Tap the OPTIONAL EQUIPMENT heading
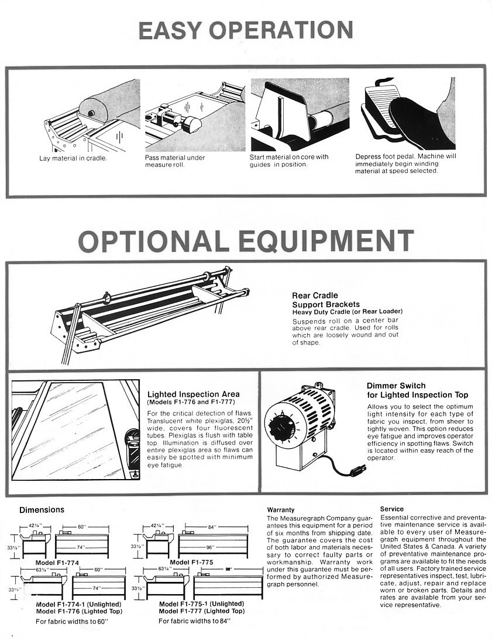pyautogui.click(x=246, y=241)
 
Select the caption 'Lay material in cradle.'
pyautogui.click(x=73, y=158)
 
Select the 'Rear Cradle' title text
pyautogui.click(x=315, y=296)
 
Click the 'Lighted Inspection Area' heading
pyautogui.click(x=193, y=394)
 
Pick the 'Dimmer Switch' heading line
pyautogui.click(x=396, y=386)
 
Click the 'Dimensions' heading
pyautogui.click(x=42, y=510)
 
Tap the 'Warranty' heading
pyautogui.click(x=280, y=510)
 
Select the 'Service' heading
pyautogui.click(x=391, y=509)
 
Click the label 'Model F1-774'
pyautogui.click(x=57, y=562)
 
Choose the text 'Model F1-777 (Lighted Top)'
pyautogui.click(x=201, y=611)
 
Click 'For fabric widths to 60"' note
pyautogui.click(x=72, y=621)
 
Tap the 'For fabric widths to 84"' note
pyautogui.click(x=194, y=621)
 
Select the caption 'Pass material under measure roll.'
pyautogui.click(x=175, y=161)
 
